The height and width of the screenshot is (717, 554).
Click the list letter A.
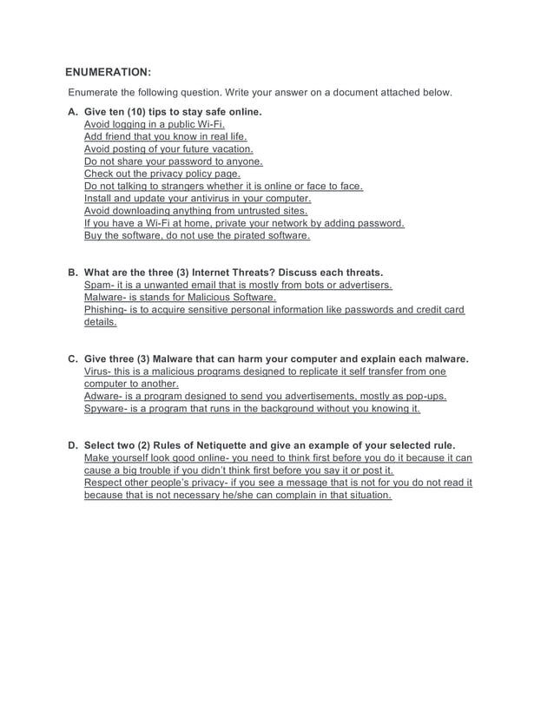pos(72,112)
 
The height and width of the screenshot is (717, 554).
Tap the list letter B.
pos(72,273)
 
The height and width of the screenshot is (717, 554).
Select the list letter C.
pos(72,358)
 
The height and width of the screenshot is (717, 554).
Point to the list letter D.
pos(72,445)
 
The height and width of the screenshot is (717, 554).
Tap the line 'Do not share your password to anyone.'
pos(173,161)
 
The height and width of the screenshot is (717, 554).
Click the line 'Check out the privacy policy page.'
pos(162,174)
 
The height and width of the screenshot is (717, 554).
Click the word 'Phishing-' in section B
pos(107,310)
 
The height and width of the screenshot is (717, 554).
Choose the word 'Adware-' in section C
pos(105,396)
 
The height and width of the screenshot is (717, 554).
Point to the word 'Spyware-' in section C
pos(108,408)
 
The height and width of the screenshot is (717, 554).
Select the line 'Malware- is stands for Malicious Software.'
pos(180,297)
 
